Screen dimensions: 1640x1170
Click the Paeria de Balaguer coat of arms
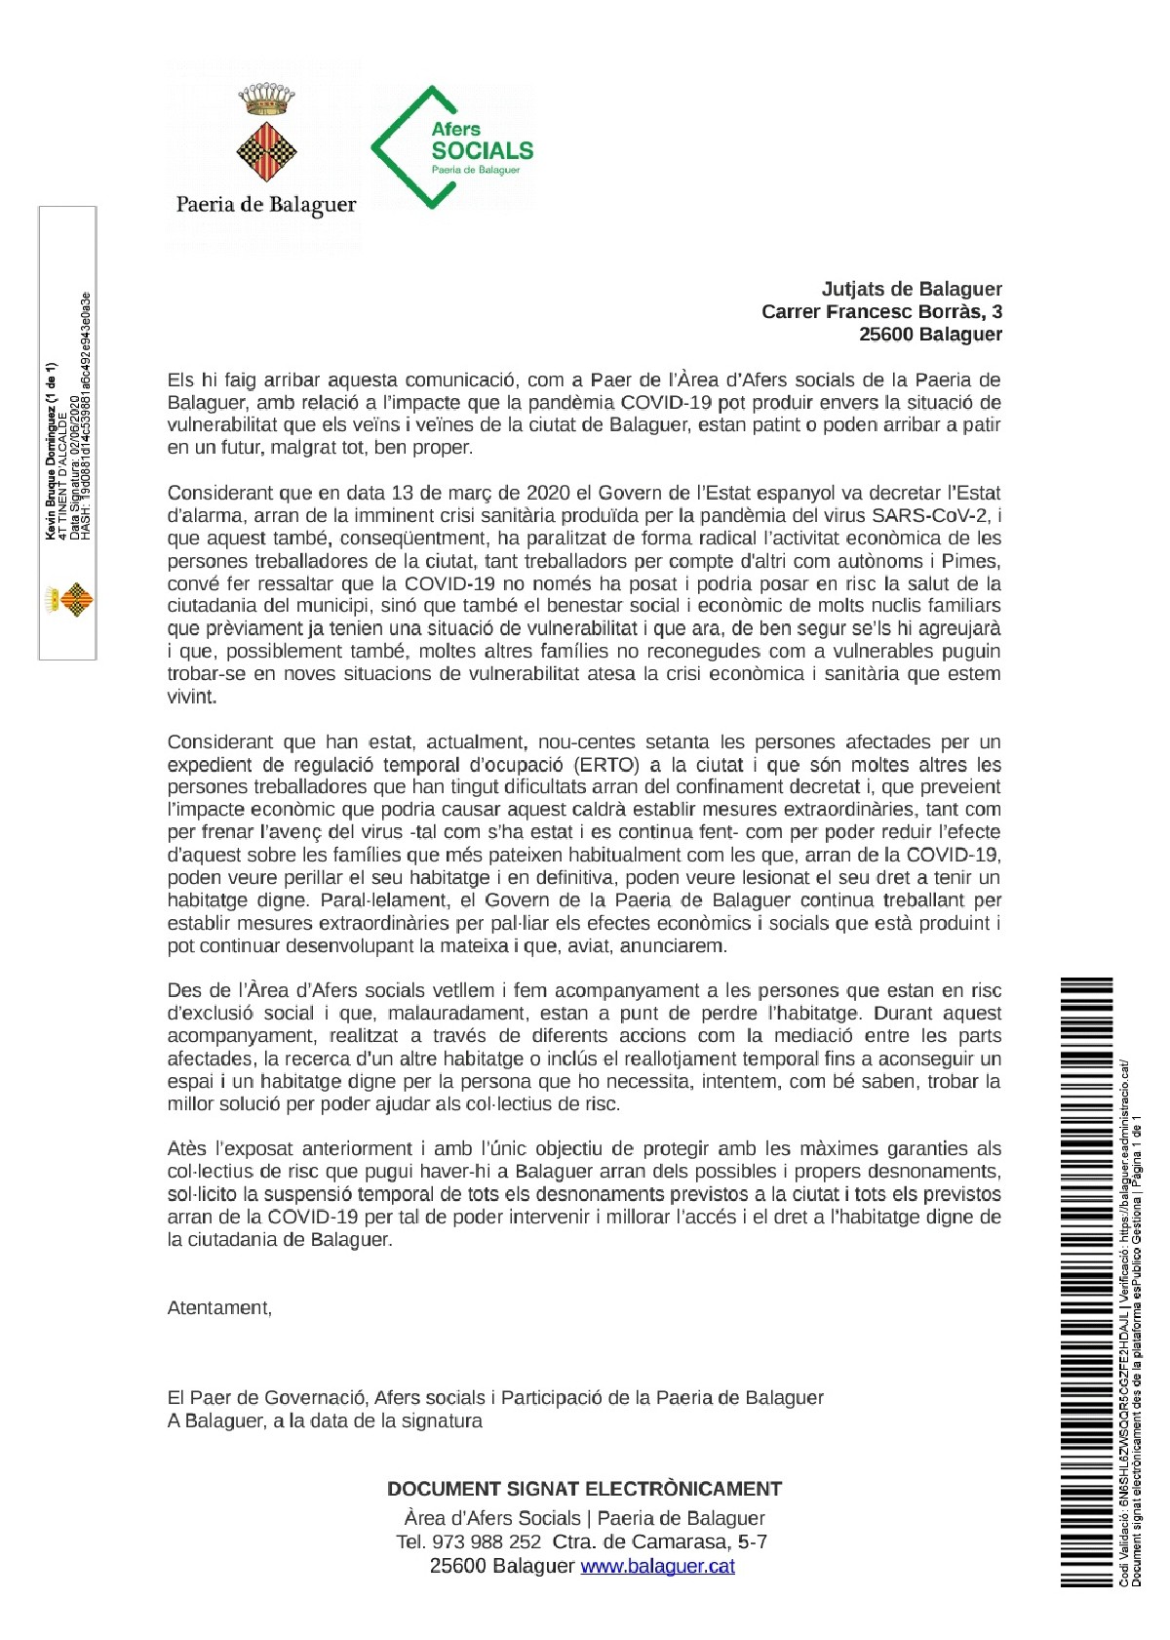(267, 133)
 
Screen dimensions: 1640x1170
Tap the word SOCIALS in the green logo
(483, 151)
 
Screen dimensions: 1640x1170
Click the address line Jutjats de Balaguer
(912, 289)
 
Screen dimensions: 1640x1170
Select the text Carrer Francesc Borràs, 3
(881, 311)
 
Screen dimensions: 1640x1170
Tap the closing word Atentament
(219, 1308)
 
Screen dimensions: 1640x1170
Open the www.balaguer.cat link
(657, 1566)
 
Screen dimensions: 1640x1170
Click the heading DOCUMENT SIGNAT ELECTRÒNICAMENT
(584, 1489)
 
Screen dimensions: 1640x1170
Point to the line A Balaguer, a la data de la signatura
(325, 1420)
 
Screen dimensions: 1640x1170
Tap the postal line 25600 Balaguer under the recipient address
(929, 334)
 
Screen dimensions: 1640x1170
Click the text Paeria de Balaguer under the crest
(266, 205)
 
